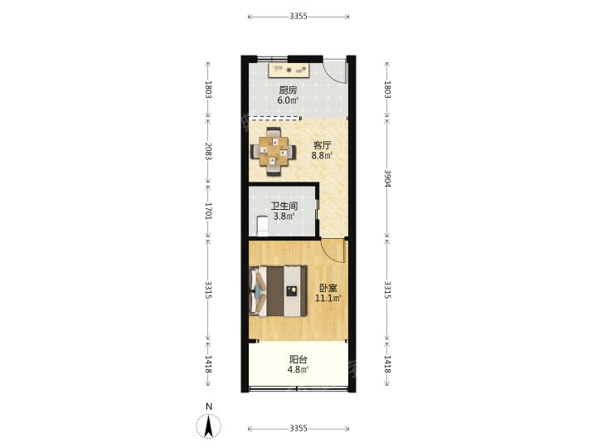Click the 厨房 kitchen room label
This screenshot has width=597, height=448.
(288, 90)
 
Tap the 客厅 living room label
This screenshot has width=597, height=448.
(322, 145)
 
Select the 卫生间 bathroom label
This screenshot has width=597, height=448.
(284, 206)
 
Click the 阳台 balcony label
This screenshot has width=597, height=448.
(298, 359)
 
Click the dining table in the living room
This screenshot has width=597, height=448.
(274, 152)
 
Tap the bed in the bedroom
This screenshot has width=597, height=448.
(278, 291)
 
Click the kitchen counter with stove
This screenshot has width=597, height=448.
(289, 71)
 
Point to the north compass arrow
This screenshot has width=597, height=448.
(208, 426)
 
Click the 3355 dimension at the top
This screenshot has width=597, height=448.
(298, 17)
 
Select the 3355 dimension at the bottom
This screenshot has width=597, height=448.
(298, 429)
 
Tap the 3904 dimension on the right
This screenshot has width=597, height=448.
(387, 178)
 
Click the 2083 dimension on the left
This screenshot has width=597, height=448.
(208, 151)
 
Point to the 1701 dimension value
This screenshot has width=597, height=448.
(208, 211)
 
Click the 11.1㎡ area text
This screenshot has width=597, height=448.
(328, 298)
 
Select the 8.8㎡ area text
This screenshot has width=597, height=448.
(322, 155)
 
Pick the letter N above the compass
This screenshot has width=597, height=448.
(208, 407)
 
